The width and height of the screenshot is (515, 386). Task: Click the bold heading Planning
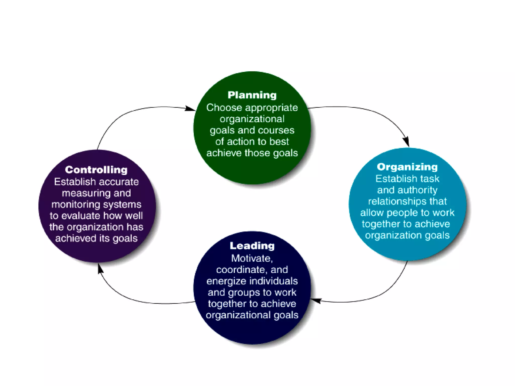(x=252, y=95)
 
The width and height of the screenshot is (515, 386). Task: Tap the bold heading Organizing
(x=407, y=167)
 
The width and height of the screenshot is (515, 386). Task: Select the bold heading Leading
(x=252, y=246)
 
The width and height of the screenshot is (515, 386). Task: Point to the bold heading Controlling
(x=96, y=170)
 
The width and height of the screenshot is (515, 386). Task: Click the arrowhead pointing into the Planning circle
(x=190, y=109)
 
